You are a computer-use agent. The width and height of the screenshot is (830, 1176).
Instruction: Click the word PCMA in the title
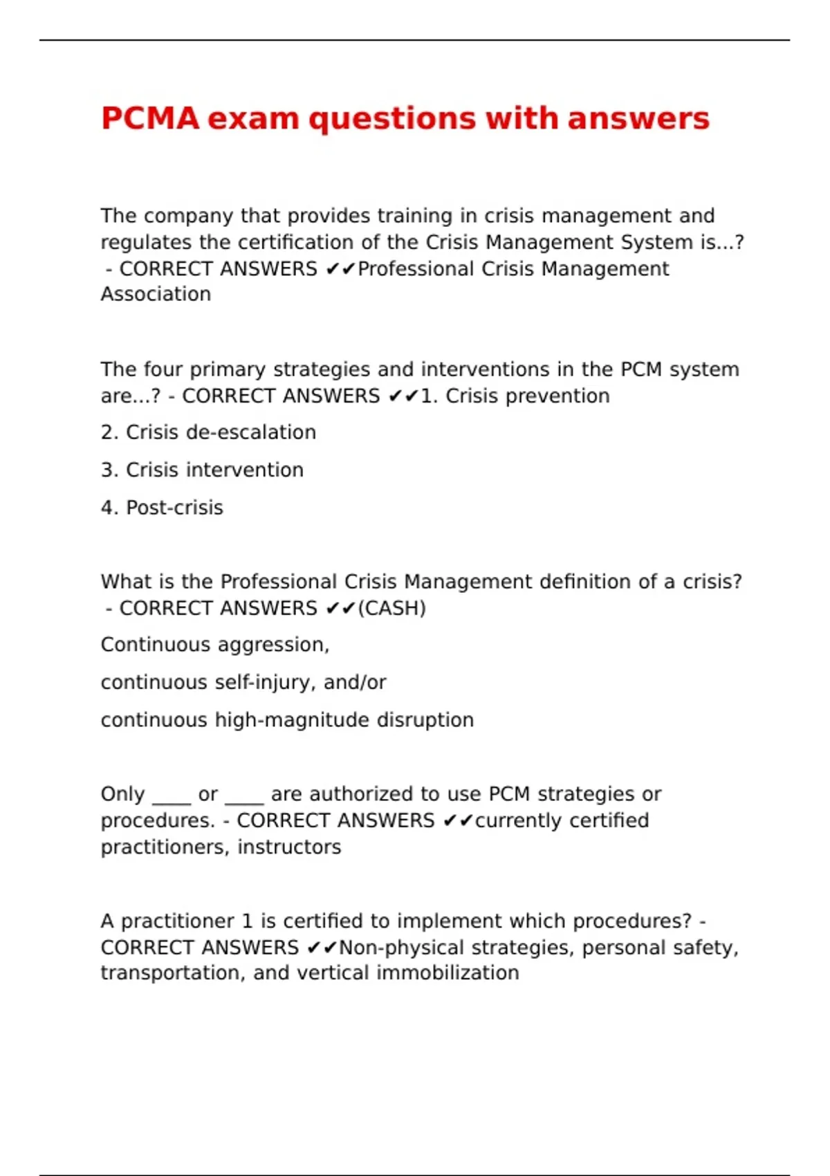coord(150,118)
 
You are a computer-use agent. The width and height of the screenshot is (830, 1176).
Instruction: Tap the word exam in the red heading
coord(253,118)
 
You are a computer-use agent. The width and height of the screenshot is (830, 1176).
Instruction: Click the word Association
coord(156,294)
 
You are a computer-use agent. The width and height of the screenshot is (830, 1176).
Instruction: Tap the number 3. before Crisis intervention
coord(109,470)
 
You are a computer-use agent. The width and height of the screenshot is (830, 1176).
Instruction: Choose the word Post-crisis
coord(174,508)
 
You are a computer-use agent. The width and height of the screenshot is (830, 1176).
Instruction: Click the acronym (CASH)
coord(391,608)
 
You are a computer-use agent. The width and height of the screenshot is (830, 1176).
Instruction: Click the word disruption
coord(425,720)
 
